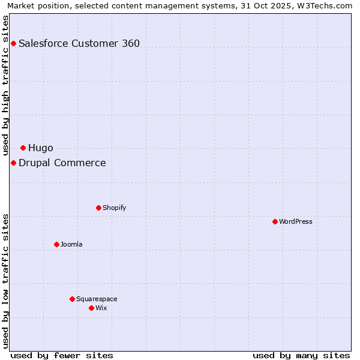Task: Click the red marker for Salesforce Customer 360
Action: pos(13,43)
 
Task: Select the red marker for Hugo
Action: pos(23,148)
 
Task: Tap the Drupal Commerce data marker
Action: pos(13,163)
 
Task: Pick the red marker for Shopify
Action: pos(98,208)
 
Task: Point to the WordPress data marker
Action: pos(275,221)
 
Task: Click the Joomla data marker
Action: pos(56,244)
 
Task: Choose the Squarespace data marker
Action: pos(72,299)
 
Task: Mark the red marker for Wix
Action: pos(91,308)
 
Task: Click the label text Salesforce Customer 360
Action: pos(79,43)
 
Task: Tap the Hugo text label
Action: pos(41,148)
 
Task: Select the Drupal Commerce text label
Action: pos(62,163)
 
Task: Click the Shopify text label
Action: pos(114,208)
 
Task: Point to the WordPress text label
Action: pos(296,221)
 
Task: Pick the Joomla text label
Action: pos(71,244)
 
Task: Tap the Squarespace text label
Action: pos(97,299)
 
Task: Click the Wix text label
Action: pos(101,308)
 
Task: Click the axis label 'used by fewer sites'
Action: pos(62,355)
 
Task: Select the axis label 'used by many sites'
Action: pos(301,355)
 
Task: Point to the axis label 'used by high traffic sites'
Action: pos(6,85)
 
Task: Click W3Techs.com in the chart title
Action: pos(325,5)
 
